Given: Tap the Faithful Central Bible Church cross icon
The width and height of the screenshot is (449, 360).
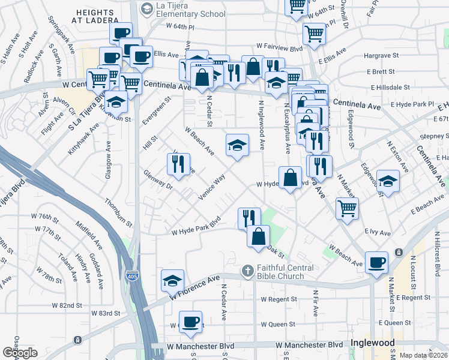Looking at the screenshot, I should point(247,272).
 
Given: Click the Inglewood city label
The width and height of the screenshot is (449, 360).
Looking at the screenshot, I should point(372,343).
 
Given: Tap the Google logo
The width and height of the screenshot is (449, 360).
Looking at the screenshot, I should point(20,353).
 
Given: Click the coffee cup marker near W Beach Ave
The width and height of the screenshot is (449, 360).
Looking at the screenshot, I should point(376,262).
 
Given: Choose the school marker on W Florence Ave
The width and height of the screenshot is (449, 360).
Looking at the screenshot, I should point(172,281).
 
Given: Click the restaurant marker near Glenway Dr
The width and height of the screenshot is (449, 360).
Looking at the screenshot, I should point(178,164).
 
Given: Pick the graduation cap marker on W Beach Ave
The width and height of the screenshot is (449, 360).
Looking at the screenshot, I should point(237,144).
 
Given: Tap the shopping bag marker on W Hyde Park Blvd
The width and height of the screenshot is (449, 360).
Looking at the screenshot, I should point(290,178).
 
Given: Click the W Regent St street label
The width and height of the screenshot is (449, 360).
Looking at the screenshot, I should point(279,299).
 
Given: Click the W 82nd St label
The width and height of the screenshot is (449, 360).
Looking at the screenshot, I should point(67,305).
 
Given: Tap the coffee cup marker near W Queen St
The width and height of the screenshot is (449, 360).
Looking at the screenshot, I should point(191,321).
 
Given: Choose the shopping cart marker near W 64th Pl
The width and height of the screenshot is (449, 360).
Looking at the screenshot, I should point(314,34).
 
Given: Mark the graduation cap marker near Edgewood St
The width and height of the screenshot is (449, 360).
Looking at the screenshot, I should point(388,181).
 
